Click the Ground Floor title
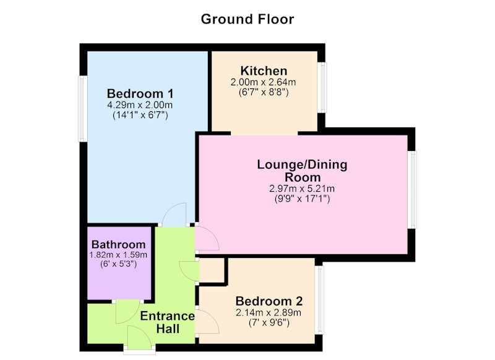tap(247, 19)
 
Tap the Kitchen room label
tap(264, 71)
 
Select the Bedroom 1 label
tap(140, 93)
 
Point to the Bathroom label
tap(118, 244)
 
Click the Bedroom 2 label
tap(269, 301)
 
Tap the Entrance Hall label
tap(167, 322)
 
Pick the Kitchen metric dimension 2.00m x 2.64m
tap(264, 82)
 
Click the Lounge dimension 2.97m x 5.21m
tap(302, 189)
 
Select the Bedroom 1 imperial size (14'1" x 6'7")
tap(140, 115)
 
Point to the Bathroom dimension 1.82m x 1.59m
tap(118, 255)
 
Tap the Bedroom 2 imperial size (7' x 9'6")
tap(269, 323)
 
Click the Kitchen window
tap(322, 87)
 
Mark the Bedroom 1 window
tap(83, 108)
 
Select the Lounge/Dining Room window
tap(412, 190)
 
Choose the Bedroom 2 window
tap(319, 300)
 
